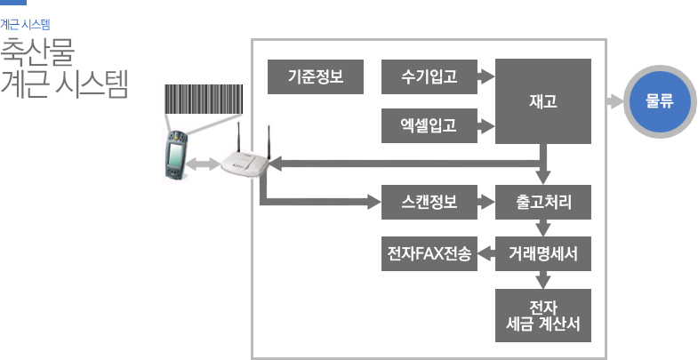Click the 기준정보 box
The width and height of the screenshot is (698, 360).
316,76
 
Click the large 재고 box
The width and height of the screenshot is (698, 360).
542,101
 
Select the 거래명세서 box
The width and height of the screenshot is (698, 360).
542,256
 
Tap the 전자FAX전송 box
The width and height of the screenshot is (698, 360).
429,256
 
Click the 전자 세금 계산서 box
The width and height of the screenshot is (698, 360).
542,316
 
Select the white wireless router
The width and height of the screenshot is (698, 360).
246,160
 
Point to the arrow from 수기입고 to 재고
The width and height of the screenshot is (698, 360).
485,76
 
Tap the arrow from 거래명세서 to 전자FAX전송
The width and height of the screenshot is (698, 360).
485,256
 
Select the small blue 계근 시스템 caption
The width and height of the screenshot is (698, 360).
25,25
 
